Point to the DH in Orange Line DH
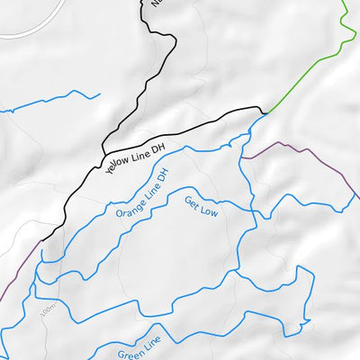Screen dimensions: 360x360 click(163, 173)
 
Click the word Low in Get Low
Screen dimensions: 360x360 click(209, 211)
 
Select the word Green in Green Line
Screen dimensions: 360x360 click(129, 350)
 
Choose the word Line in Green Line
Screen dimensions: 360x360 click(152, 341)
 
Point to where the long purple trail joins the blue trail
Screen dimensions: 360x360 click(242, 158)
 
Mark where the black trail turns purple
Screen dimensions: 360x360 click(40, 241)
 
